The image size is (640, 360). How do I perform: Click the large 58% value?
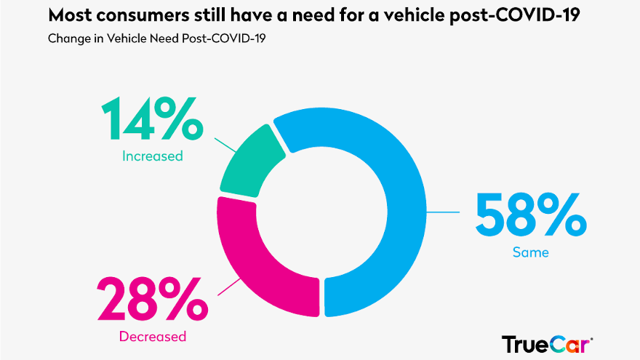pyautogui.click(x=529, y=216)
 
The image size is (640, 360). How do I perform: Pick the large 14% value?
pyautogui.click(x=151, y=121)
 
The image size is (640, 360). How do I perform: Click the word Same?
pyautogui.click(x=530, y=253)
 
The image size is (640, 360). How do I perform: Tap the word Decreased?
pyautogui.click(x=153, y=336)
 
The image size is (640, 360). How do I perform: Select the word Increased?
pyautogui.click(x=153, y=156)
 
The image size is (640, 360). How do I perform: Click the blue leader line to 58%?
pyautogui.click(x=444, y=212)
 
